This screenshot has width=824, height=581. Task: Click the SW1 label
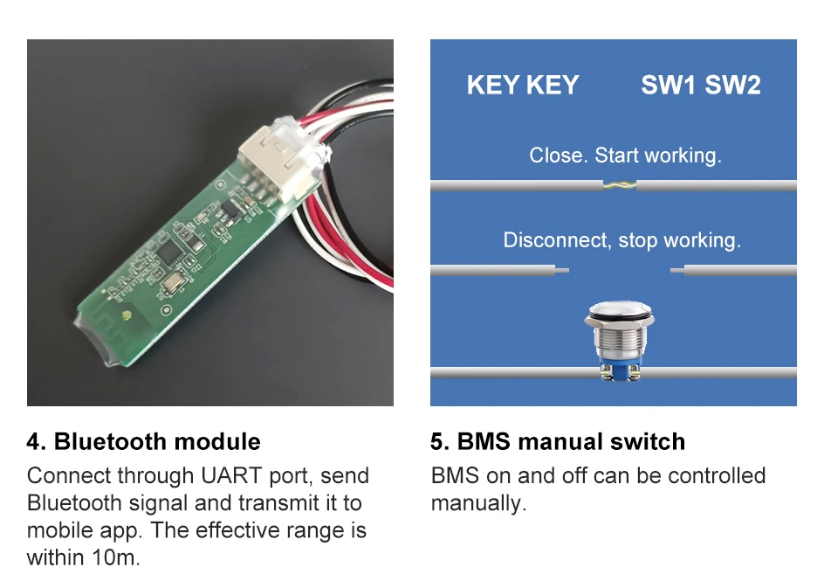click(669, 85)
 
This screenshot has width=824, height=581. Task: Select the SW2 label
click(732, 85)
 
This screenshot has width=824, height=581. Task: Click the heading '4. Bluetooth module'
click(144, 441)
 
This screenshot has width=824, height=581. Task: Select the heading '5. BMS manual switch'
click(558, 441)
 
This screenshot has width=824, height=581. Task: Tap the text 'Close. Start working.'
click(625, 156)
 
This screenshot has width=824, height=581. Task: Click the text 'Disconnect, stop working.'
click(621, 239)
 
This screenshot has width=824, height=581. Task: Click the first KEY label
click(492, 85)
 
